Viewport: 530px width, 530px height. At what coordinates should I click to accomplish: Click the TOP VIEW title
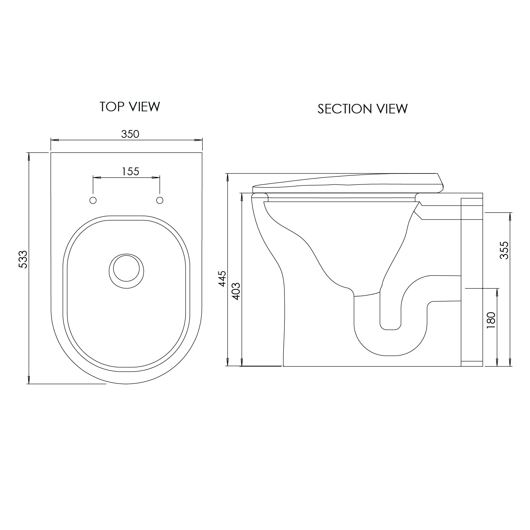[x=130, y=106]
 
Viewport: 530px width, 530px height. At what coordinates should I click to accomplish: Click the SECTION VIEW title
[x=363, y=109]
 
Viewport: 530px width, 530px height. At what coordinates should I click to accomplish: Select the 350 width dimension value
[x=130, y=134]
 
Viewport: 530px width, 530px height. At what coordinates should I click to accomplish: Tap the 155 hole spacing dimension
[x=130, y=171]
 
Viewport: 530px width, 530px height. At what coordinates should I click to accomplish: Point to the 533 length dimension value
[x=23, y=259]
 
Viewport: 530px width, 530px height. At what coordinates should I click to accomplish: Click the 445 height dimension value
[x=222, y=279]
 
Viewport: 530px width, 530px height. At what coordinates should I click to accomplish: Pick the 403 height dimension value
[x=236, y=291]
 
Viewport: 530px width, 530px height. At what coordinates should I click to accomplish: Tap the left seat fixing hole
[x=93, y=200]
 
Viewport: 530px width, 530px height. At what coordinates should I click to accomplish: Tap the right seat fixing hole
[x=160, y=200]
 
